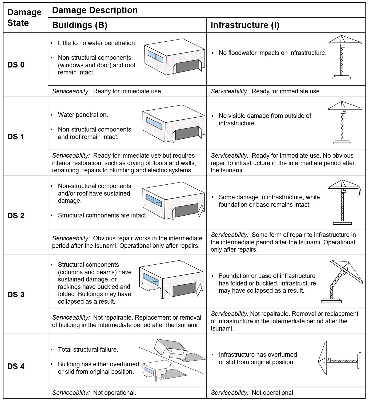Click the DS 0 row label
16,65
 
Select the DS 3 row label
16,295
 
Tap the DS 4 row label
16,366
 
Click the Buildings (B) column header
80,25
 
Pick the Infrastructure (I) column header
245,25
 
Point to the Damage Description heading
95,10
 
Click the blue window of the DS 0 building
155,57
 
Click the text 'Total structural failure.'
88,350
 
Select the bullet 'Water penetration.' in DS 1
83,115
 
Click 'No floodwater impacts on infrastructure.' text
272,53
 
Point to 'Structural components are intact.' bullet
103,215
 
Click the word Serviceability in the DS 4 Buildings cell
71,393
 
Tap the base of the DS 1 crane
342,142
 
